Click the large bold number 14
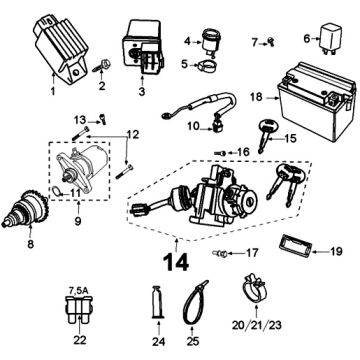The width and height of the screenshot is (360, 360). [176, 262]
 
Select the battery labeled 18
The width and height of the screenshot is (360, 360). [316, 101]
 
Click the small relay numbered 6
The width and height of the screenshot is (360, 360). [331, 39]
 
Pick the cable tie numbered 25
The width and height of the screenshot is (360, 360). [196, 301]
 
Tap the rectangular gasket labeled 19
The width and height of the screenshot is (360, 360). [295, 245]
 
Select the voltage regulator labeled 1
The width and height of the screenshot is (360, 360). [62, 49]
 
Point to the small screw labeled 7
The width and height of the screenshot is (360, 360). [271, 41]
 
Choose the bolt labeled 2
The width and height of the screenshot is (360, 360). [100, 65]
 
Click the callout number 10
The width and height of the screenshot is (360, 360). [194, 126]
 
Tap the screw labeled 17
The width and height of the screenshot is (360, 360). [220, 254]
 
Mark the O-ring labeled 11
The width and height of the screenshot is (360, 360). [58, 191]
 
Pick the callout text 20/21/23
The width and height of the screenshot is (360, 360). [257, 325]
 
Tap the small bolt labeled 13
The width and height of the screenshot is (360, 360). [102, 118]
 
